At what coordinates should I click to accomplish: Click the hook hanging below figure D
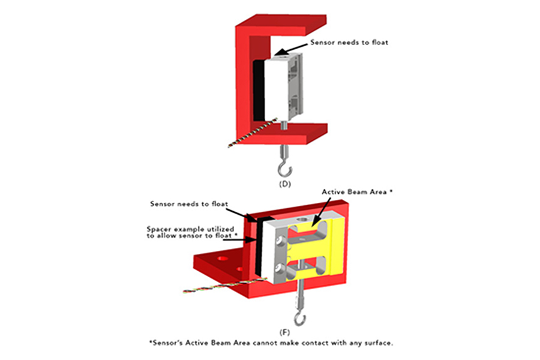point(283,163)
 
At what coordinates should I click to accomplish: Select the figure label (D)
point(284,184)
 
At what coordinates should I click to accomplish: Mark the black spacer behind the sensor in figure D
point(258,90)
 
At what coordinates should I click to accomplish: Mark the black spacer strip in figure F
point(260,246)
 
